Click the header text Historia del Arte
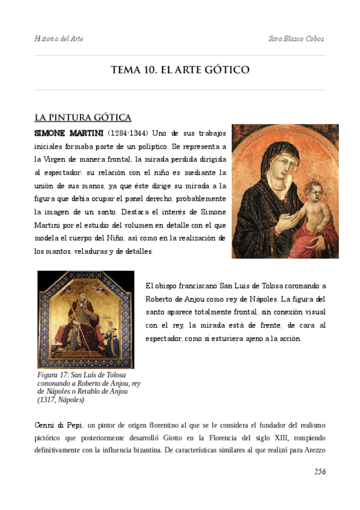pyautogui.click(x=59, y=38)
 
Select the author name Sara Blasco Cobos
pyautogui.click(x=297, y=38)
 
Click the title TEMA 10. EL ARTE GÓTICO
pyautogui.click(x=180, y=70)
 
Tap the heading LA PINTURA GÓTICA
pyautogui.click(x=83, y=117)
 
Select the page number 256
pyautogui.click(x=320, y=472)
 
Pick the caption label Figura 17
pyautogui.click(x=55, y=375)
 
